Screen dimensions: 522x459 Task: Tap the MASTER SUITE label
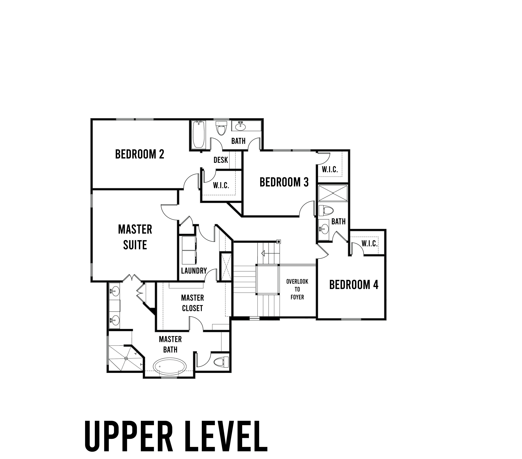[135, 237]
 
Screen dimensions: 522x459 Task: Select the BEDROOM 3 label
[284, 182]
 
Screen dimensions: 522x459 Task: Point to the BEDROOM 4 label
[354, 285]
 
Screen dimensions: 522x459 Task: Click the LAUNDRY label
[194, 271]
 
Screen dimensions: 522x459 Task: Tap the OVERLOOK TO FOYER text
[297, 289]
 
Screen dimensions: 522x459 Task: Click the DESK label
[221, 160]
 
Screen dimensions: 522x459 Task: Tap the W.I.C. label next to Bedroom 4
[369, 244]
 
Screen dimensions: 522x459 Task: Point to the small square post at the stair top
[279, 241]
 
